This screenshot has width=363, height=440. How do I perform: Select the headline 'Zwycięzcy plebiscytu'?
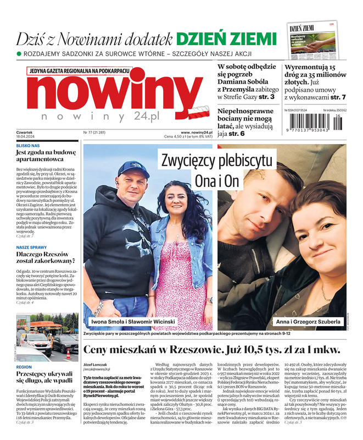pos(216,161)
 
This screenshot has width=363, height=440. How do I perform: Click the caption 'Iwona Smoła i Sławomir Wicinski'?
pos(133,322)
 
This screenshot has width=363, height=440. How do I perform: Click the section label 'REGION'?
pos(24,366)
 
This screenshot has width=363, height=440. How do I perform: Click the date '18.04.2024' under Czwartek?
pos(25,137)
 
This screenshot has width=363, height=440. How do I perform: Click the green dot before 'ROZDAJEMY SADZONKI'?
pos(19,54)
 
